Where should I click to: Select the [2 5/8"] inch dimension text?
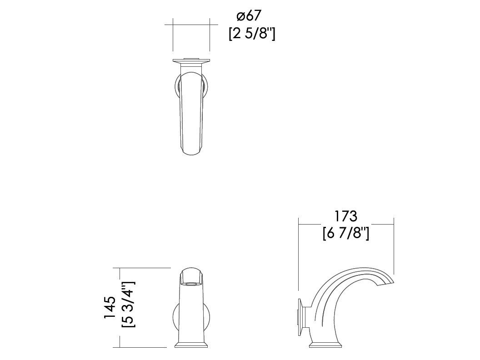252,33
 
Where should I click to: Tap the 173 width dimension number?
345,216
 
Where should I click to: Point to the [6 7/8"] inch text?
346,234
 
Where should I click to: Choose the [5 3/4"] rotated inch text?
128,305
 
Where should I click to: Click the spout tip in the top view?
191,150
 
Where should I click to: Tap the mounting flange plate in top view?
191,61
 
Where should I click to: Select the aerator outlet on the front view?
191,284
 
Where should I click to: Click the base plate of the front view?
191,345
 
